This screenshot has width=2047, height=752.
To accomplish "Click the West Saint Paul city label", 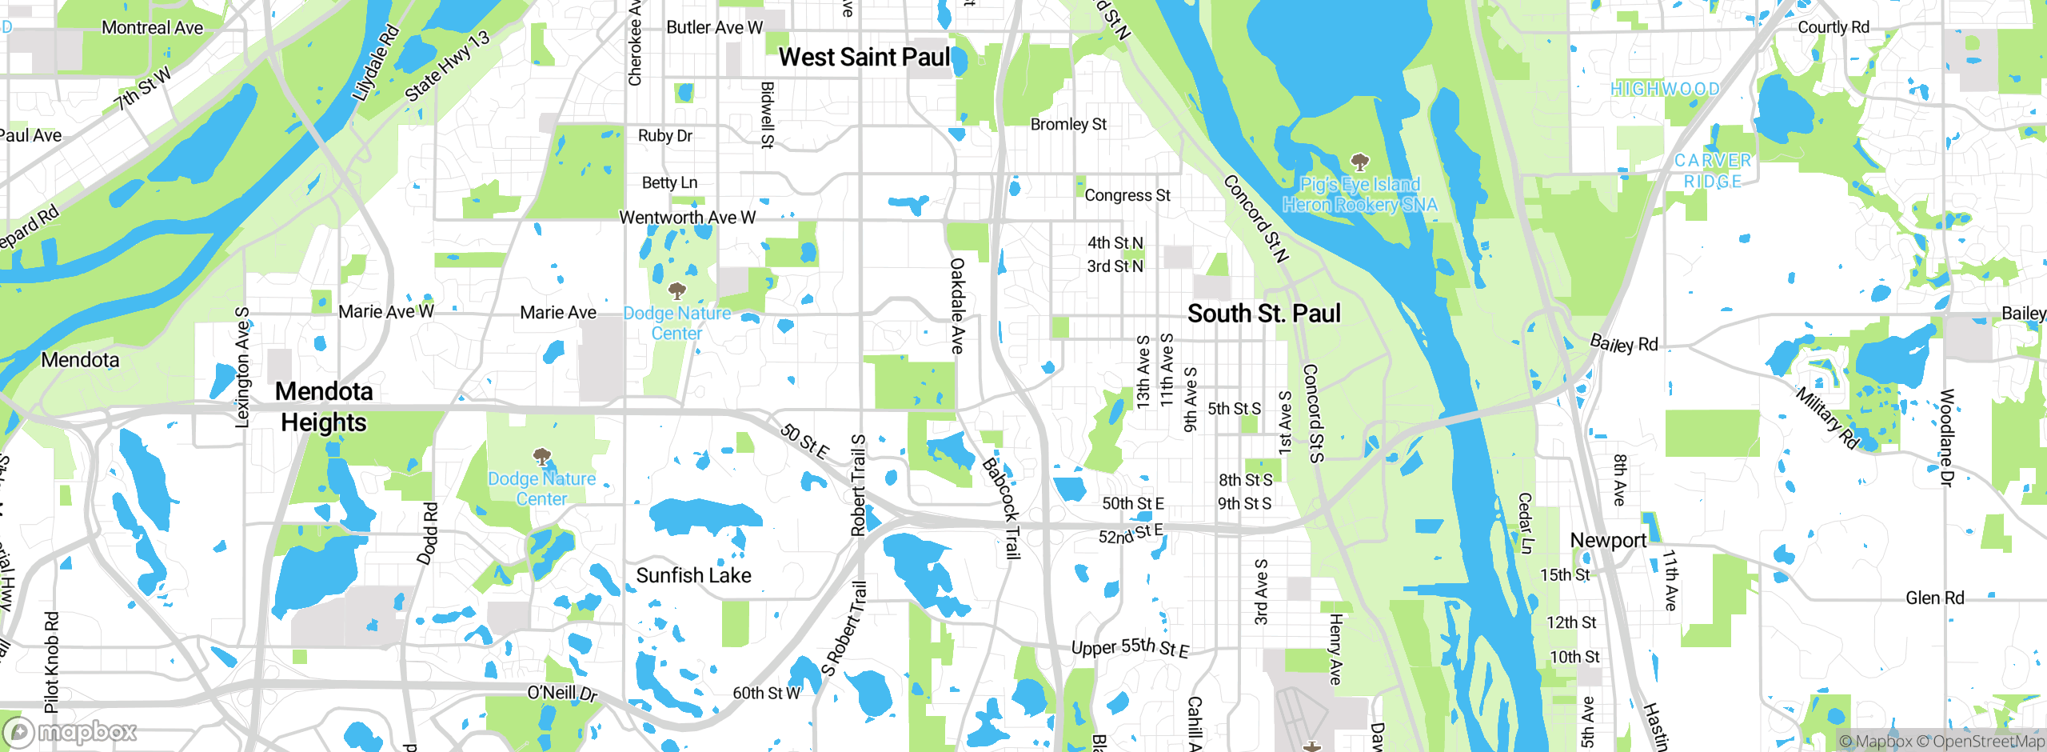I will [x=864, y=58].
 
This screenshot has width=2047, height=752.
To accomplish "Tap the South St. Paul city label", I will [x=1263, y=314].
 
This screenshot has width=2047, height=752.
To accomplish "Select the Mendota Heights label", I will [x=324, y=406].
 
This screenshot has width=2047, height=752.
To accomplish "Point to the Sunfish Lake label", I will [x=693, y=575].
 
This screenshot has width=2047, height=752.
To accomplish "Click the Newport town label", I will [x=1608, y=540].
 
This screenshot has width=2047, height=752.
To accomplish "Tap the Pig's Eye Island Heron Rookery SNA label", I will [x=1359, y=194].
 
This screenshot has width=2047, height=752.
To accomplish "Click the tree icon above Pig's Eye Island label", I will [x=1359, y=162].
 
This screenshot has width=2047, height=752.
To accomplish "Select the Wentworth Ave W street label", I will [x=687, y=218].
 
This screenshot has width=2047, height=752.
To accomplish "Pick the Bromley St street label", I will [x=1068, y=124].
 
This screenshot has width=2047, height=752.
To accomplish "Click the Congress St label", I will [x=1127, y=195].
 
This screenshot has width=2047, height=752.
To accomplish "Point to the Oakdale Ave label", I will [x=957, y=306].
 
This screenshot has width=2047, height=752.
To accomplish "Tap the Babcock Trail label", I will [x=1002, y=507].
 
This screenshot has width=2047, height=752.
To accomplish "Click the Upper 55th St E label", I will [x=1130, y=647].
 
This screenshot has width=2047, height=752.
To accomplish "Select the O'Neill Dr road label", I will [x=562, y=693].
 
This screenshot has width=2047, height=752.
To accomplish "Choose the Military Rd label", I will [x=1827, y=418].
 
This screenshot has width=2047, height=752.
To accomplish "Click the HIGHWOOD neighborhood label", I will [x=1665, y=89].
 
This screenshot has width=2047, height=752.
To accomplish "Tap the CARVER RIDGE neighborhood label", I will [x=1712, y=170].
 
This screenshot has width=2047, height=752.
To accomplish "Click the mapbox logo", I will [x=70, y=731].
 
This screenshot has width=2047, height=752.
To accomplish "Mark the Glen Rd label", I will [x=1934, y=598].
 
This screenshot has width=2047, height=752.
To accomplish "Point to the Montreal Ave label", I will [x=152, y=28].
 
